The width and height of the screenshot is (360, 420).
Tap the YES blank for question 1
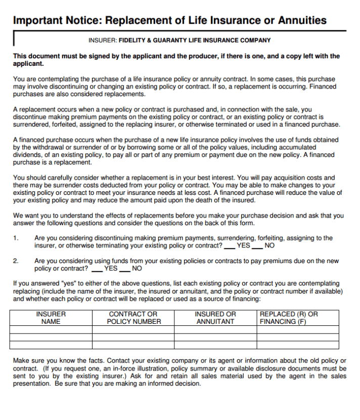pos(229,246)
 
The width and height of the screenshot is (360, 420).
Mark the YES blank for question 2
pos(97,269)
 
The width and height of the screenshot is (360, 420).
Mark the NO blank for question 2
pos(124,269)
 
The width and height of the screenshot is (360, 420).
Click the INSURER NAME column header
pos(51,317)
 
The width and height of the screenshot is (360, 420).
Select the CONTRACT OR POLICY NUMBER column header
pos(133,317)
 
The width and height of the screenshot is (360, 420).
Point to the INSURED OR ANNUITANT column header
pos(215,317)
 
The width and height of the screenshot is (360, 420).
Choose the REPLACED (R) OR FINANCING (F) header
pos(297,317)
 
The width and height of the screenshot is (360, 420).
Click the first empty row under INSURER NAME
pos(51,329)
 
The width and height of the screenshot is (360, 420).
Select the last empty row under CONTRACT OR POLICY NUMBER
pos(133,345)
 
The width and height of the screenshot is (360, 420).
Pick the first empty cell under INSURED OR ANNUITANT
pos(215,329)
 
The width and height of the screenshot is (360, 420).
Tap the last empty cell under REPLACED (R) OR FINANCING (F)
pos(297,345)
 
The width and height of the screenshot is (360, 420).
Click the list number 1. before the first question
pos(16,238)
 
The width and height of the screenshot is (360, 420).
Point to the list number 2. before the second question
pos(16,261)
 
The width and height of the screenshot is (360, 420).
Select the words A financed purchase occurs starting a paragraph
pos(55,140)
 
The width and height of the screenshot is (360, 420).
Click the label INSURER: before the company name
pos(103,40)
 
